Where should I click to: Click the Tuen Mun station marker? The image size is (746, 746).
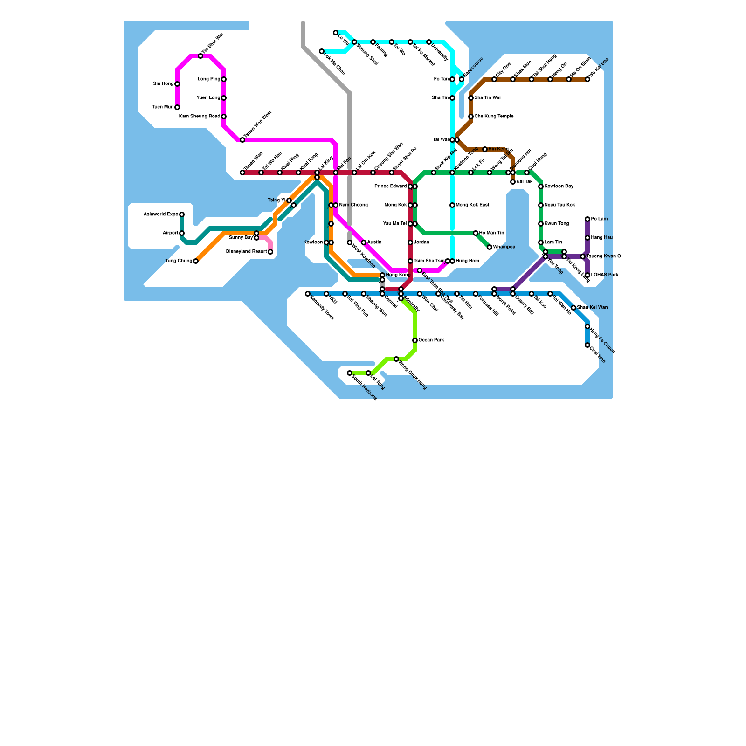177,107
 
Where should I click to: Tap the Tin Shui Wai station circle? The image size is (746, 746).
200,56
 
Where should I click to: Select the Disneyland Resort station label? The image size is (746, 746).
246,252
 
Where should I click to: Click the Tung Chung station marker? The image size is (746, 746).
196,261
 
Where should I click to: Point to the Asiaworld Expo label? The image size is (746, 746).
160,214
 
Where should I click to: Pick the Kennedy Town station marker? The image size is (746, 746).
308,294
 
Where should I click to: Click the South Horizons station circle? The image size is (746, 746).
350,373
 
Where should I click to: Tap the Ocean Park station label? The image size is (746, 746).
431,340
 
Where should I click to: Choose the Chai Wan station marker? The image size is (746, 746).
587,345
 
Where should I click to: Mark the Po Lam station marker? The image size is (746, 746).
587,219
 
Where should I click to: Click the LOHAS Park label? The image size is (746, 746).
605,275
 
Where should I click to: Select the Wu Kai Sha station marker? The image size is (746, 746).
587,79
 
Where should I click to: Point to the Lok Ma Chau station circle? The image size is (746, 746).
322,51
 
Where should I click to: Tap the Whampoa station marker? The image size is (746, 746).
490,247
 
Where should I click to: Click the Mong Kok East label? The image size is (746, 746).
472,205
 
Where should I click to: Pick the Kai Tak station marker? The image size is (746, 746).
513,182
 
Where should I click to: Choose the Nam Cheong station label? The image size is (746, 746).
353,205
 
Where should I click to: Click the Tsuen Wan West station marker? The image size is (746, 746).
242,140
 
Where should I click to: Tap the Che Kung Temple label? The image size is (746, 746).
494,117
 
